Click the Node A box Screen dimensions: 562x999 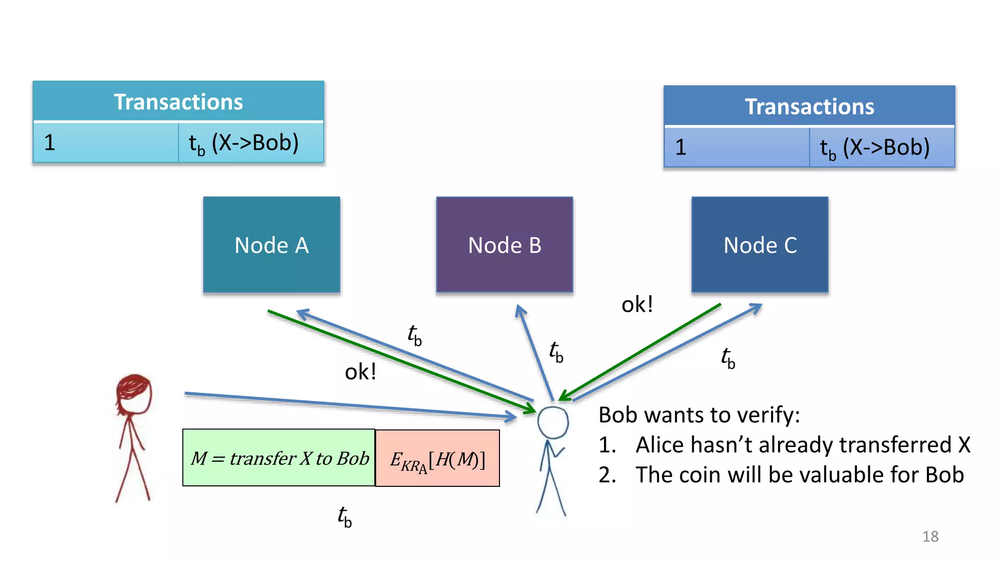(x=271, y=244)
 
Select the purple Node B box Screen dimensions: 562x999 (x=504, y=244)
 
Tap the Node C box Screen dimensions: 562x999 (x=759, y=244)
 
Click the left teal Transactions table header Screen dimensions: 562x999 (x=178, y=101)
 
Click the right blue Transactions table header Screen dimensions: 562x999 (x=809, y=106)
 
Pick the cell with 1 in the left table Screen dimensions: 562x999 (x=105, y=142)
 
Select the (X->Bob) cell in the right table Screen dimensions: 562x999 (x=881, y=147)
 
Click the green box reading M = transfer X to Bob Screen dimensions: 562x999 (x=279, y=458)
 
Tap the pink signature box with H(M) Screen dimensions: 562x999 (x=438, y=459)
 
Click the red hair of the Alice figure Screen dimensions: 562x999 (x=133, y=385)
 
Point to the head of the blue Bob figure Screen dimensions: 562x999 (x=553, y=422)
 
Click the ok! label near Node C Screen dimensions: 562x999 (x=637, y=305)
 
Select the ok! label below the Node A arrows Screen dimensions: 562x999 (x=360, y=372)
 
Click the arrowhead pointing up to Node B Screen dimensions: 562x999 (x=519, y=309)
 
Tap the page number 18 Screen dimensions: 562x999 (x=930, y=536)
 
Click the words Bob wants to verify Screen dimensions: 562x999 (x=699, y=415)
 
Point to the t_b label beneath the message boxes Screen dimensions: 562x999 (x=344, y=517)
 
